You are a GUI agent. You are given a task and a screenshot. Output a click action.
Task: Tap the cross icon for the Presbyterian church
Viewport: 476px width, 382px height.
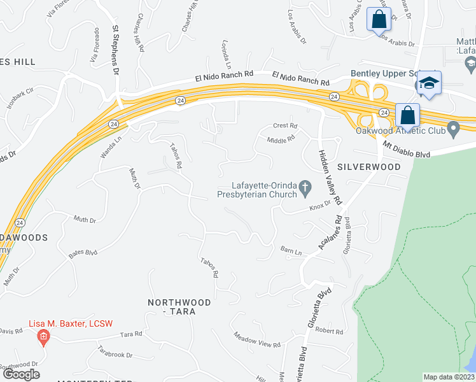(x=305, y=187)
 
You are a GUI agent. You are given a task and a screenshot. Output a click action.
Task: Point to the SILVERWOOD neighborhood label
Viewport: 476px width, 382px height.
(x=368, y=167)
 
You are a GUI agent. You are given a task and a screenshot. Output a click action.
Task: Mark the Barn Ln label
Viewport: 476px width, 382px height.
(x=291, y=252)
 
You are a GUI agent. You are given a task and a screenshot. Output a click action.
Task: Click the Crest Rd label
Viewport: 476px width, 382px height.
(x=285, y=126)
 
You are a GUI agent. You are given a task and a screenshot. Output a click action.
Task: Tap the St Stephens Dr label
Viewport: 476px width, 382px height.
(x=116, y=50)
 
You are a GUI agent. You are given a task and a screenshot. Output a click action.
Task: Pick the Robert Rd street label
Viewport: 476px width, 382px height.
(x=329, y=330)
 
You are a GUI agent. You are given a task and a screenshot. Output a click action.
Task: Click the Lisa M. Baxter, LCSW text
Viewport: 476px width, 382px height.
(x=71, y=323)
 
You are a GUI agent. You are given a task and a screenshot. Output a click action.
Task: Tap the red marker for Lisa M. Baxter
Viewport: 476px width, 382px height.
(x=43, y=337)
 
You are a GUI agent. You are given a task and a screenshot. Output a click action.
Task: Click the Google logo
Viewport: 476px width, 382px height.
(x=21, y=374)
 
